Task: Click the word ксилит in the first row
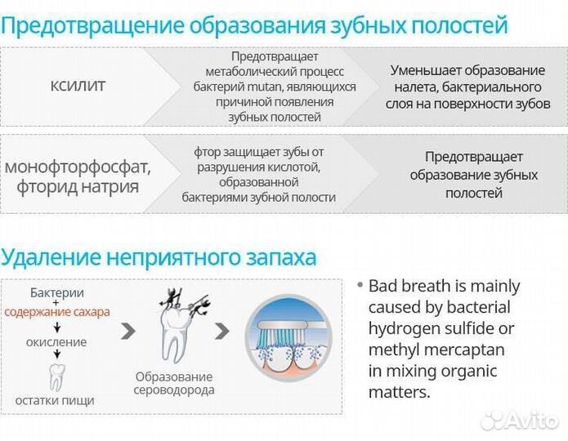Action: tap(78, 86)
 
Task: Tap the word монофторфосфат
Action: tap(78, 167)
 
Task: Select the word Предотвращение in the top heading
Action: tap(92, 24)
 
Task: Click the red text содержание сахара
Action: tap(57, 312)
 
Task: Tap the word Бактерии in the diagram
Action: tap(57, 293)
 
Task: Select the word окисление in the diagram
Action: tap(57, 342)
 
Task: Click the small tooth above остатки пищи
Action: tap(56, 376)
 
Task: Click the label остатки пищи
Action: tap(55, 400)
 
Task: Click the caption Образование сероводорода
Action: tap(174, 383)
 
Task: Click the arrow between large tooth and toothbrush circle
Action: tap(221, 332)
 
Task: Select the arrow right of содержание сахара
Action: tap(127, 332)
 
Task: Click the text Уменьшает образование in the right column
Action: tap(467, 70)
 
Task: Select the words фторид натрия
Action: tap(78, 186)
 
